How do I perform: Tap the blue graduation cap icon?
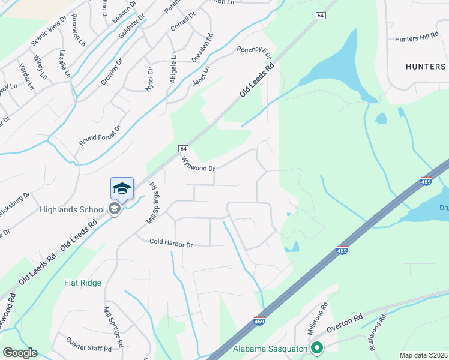122,188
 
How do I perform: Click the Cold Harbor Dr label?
171,245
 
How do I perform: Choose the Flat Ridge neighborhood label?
83,283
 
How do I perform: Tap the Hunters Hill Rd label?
417,38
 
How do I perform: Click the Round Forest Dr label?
100,136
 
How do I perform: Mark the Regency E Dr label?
254,53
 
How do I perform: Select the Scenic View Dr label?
49,37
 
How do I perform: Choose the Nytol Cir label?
149,79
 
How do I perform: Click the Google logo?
20,353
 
